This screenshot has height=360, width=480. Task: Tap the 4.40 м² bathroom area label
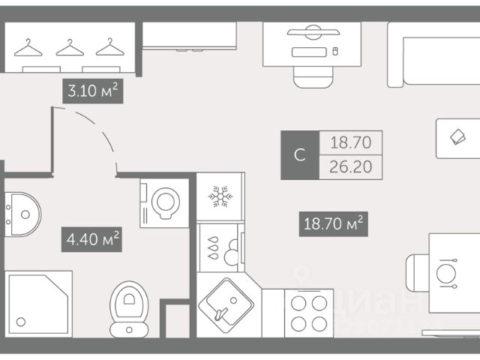coord(91,241)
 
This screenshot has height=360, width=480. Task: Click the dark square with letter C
coord(299,155)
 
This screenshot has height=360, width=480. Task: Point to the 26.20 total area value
coord(351,166)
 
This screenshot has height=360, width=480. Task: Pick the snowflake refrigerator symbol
coord(220,197)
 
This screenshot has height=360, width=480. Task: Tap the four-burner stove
coord(309,313)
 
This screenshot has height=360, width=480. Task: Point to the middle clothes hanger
coord(69,48)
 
